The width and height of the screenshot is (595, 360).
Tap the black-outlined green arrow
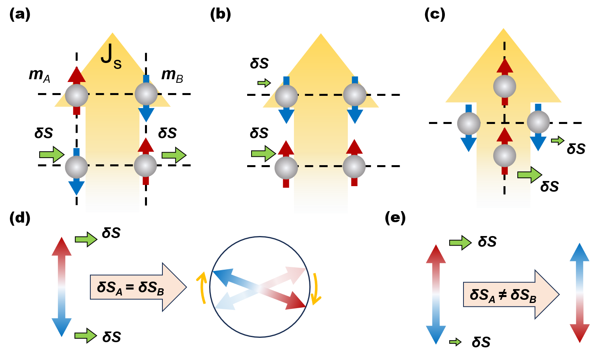[529, 175]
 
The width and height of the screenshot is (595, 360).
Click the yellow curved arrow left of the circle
[202, 287]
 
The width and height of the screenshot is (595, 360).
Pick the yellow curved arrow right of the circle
[316, 289]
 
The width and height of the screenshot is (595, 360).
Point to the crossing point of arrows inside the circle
[259, 288]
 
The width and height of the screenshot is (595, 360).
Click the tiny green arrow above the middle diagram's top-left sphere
[264, 83]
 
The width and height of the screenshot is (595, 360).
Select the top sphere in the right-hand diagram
[504, 86]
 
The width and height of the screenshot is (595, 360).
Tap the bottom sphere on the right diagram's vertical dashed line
[504, 156]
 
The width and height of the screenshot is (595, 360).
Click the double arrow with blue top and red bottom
[579, 293]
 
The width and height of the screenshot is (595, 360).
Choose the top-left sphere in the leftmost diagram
[76, 95]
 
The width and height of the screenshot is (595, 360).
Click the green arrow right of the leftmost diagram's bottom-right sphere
[174, 155]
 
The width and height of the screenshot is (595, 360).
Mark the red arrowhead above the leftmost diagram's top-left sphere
[76, 75]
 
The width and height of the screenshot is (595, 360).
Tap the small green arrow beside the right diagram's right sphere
[557, 141]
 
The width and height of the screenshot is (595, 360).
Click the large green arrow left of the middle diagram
[263, 153]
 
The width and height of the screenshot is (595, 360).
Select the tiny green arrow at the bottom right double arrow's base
[455, 342]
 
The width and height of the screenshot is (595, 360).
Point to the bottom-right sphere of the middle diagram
[354, 166]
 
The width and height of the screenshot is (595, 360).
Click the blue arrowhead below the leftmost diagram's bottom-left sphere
[76, 188]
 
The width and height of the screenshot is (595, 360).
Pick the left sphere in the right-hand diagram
[469, 124]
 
